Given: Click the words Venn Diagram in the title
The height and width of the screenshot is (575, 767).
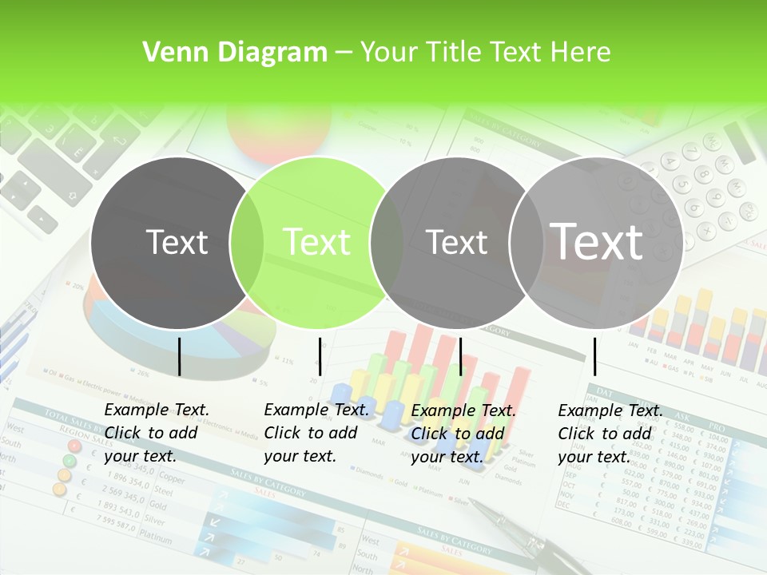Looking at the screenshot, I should [x=234, y=53].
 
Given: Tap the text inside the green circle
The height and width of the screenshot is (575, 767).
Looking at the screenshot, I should [x=317, y=242].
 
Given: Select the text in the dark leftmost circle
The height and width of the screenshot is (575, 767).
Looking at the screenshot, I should [x=177, y=242].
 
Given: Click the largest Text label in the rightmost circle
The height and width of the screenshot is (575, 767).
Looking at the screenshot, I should [x=597, y=241].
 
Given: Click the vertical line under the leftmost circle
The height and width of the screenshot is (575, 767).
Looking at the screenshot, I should [x=179, y=356].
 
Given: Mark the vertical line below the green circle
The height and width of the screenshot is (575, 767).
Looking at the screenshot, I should [x=320, y=356].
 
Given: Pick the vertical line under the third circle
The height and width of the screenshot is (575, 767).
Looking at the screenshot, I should [x=460, y=356].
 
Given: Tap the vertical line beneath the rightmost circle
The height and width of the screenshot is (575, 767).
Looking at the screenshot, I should [x=594, y=356].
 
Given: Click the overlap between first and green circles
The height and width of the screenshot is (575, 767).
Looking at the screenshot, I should [x=247, y=242].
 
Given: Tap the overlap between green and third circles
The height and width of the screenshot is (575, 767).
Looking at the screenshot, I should [x=387, y=242].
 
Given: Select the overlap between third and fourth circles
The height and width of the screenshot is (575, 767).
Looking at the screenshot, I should [x=525, y=242].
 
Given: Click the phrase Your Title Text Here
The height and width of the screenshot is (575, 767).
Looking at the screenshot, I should [x=485, y=53].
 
